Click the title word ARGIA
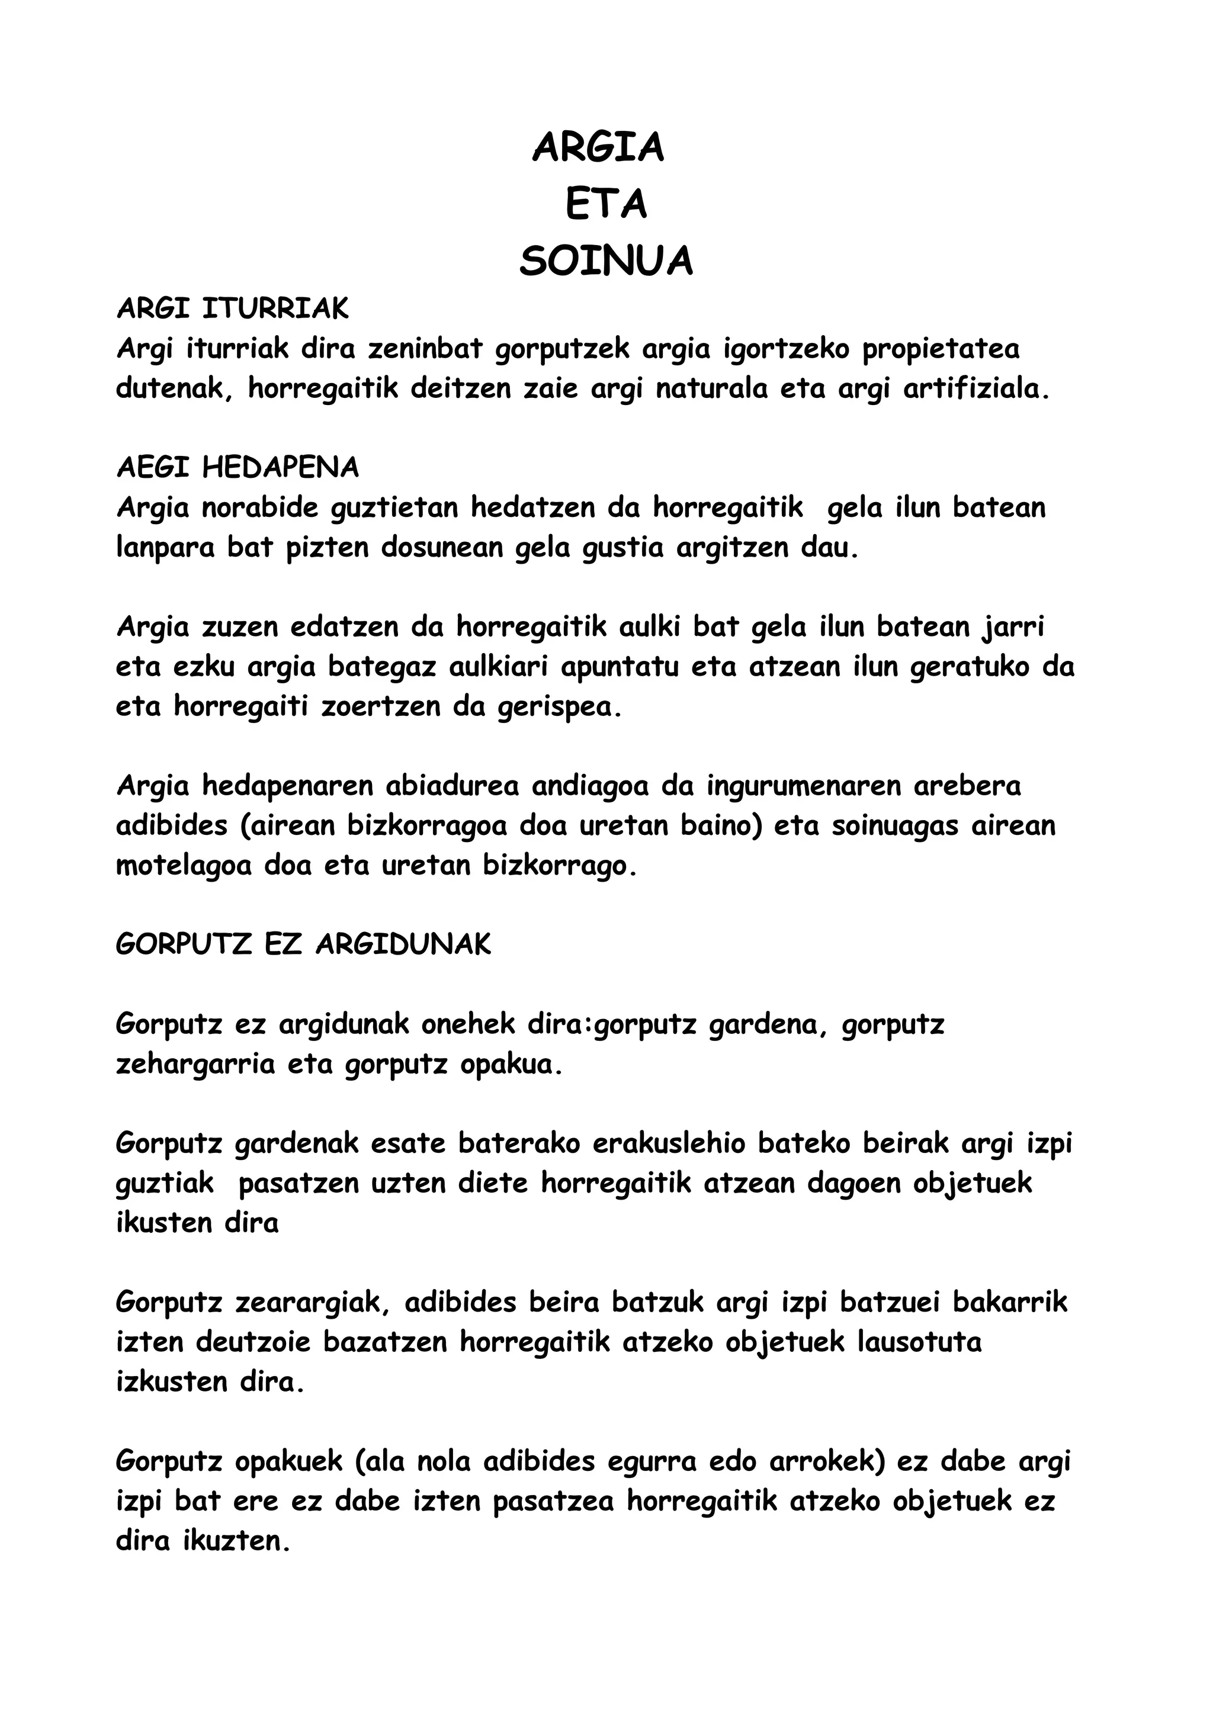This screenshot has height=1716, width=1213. click(x=598, y=147)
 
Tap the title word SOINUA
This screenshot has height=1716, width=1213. click(x=605, y=262)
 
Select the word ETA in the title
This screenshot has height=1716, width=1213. click(x=605, y=205)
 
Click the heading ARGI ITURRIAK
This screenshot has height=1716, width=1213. click(x=232, y=309)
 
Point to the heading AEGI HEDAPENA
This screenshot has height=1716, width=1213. click(x=238, y=468)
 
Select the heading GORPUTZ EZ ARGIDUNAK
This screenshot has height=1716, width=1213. click(x=303, y=944)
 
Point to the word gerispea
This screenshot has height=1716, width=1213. click(x=560, y=707)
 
